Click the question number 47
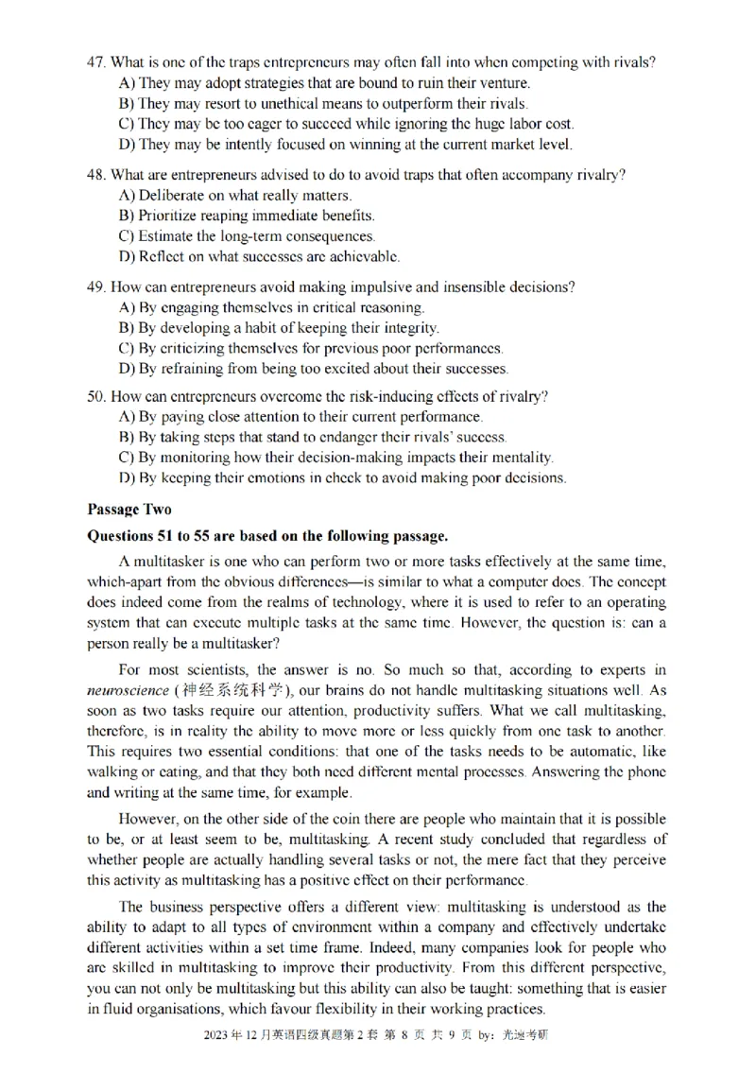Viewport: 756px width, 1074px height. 94,62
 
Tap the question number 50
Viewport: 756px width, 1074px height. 94,395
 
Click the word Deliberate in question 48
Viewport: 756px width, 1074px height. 171,195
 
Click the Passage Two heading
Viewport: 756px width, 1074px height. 129,510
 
